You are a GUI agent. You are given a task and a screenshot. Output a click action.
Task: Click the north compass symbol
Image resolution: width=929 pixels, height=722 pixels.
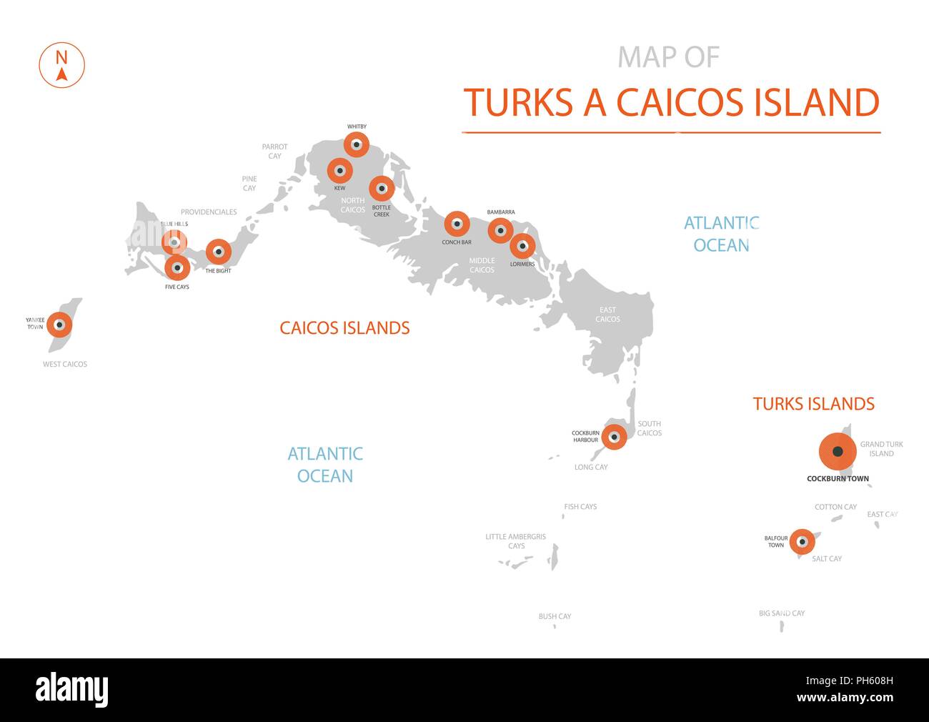[x=61, y=65]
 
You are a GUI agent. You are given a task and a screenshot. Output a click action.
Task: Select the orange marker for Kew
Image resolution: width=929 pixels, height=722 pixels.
[x=340, y=171]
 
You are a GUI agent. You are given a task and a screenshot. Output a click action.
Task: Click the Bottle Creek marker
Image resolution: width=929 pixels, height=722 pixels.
[x=382, y=189]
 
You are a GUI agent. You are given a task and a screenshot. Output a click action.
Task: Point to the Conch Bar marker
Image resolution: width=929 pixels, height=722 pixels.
[x=457, y=224]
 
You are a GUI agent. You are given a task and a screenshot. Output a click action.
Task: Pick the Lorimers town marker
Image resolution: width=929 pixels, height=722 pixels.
[x=522, y=246]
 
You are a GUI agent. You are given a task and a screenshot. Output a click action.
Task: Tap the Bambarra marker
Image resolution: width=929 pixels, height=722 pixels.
[x=500, y=230]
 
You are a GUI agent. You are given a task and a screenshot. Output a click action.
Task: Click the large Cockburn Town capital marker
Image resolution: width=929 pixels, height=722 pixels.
[x=838, y=452]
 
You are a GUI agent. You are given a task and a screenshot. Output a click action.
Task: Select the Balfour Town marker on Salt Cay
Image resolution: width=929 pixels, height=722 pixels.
[x=802, y=541]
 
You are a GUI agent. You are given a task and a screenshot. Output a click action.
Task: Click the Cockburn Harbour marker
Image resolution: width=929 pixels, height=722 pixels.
[x=613, y=437]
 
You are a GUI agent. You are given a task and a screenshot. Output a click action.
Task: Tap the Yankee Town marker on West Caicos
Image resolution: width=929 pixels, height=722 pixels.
[x=60, y=325]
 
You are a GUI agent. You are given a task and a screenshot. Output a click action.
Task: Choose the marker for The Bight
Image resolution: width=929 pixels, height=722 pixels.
[x=219, y=252]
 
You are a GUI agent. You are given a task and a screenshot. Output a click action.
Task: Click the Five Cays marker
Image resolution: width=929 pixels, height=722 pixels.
[x=177, y=268]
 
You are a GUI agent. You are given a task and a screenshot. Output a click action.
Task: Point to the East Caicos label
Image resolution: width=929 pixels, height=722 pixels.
[x=607, y=315]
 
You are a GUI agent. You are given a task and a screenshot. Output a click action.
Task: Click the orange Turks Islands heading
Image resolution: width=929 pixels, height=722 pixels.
[x=813, y=404]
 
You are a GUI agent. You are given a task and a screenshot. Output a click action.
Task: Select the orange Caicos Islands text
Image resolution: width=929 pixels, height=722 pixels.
[x=344, y=328]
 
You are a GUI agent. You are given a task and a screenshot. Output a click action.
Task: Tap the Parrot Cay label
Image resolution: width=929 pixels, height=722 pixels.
[x=274, y=151]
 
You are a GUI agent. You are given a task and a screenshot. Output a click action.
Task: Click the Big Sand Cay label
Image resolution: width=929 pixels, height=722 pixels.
[x=782, y=613]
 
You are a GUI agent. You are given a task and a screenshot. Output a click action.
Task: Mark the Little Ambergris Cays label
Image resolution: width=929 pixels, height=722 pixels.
[x=515, y=541]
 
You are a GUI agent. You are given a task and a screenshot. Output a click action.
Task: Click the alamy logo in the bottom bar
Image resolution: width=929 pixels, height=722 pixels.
[x=72, y=690]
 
